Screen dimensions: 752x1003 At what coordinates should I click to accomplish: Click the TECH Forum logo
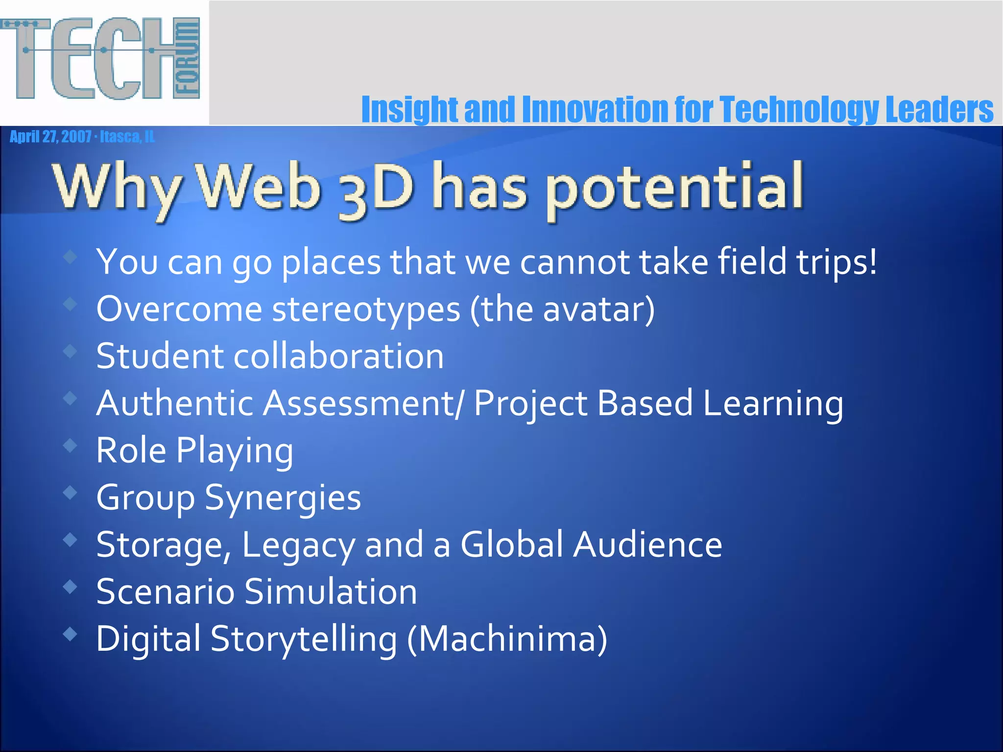coord(100,59)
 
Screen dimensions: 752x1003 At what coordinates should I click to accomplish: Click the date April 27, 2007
coord(50,137)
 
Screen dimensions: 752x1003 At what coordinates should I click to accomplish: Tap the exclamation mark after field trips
coord(871,261)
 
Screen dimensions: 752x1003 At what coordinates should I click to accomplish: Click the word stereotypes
coord(366,310)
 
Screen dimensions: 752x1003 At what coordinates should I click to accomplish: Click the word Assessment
coord(358,403)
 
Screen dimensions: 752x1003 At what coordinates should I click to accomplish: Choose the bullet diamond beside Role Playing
coord(71,445)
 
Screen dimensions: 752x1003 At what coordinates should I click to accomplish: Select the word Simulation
coord(331,592)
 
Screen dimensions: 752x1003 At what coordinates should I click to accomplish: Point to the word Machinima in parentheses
coord(507,639)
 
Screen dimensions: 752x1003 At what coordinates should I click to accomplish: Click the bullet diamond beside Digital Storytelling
coord(71,634)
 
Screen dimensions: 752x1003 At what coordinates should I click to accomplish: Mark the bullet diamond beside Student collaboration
coord(71,351)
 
